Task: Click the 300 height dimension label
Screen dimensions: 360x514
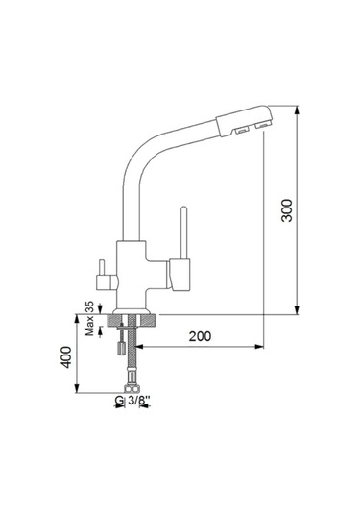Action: pyautogui.click(x=287, y=210)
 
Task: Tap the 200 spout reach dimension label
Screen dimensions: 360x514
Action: pyautogui.click(x=200, y=336)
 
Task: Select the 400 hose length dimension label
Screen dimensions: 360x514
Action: pyautogui.click(x=67, y=357)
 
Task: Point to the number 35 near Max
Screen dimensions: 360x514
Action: pyautogui.click(x=89, y=306)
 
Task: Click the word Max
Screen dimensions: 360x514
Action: pyautogui.click(x=89, y=326)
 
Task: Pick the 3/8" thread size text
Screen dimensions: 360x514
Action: pyautogui.click(x=138, y=401)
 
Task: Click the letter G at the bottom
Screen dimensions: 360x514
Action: pyautogui.click(x=120, y=401)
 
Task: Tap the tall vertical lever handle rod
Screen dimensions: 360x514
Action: pyautogui.click(x=183, y=233)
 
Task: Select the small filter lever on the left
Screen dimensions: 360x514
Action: pyautogui.click(x=106, y=277)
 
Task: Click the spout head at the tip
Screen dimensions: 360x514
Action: pyautogui.click(x=244, y=120)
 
